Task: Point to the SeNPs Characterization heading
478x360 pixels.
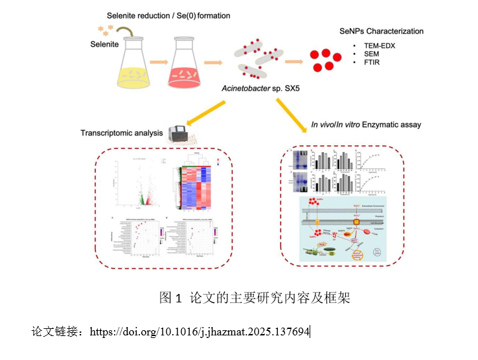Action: click(x=381, y=31)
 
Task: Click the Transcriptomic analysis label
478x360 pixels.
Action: click(x=121, y=133)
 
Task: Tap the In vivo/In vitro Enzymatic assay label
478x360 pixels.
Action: click(x=366, y=124)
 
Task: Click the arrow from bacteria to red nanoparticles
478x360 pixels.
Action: click(x=293, y=62)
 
